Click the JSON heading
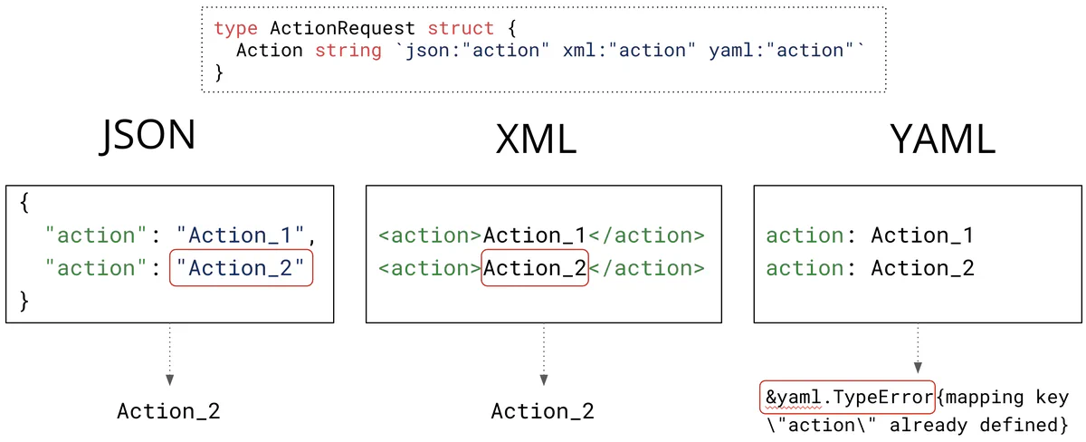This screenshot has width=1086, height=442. tap(147, 136)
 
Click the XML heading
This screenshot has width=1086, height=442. tap(537, 139)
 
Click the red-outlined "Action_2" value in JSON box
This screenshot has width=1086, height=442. tap(241, 269)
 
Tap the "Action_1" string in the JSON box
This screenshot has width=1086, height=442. tap(242, 236)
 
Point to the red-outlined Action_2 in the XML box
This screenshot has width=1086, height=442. tap(535, 269)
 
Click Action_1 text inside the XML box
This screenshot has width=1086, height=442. tap(535, 236)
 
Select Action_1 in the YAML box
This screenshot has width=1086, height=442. tap(922, 236)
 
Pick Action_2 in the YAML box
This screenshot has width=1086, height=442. tap(922, 269)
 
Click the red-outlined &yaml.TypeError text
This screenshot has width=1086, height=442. tap(847, 397)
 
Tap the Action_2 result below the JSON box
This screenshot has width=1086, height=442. tap(168, 411)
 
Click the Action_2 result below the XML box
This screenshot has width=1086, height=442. tap(543, 411)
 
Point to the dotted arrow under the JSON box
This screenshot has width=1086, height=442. tap(169, 356)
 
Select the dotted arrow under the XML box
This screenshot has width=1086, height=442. tap(544, 356)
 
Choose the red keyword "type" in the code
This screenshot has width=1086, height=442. tap(235, 28)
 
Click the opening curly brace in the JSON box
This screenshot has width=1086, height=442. tap(24, 204)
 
